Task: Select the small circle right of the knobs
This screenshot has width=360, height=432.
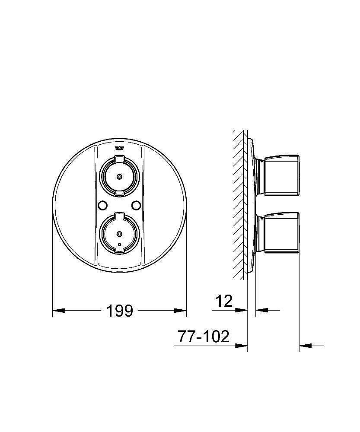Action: pos(137,205)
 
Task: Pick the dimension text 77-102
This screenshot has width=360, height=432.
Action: pos(204,337)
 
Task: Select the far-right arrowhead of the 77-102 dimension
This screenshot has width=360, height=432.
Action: pos(305,345)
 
